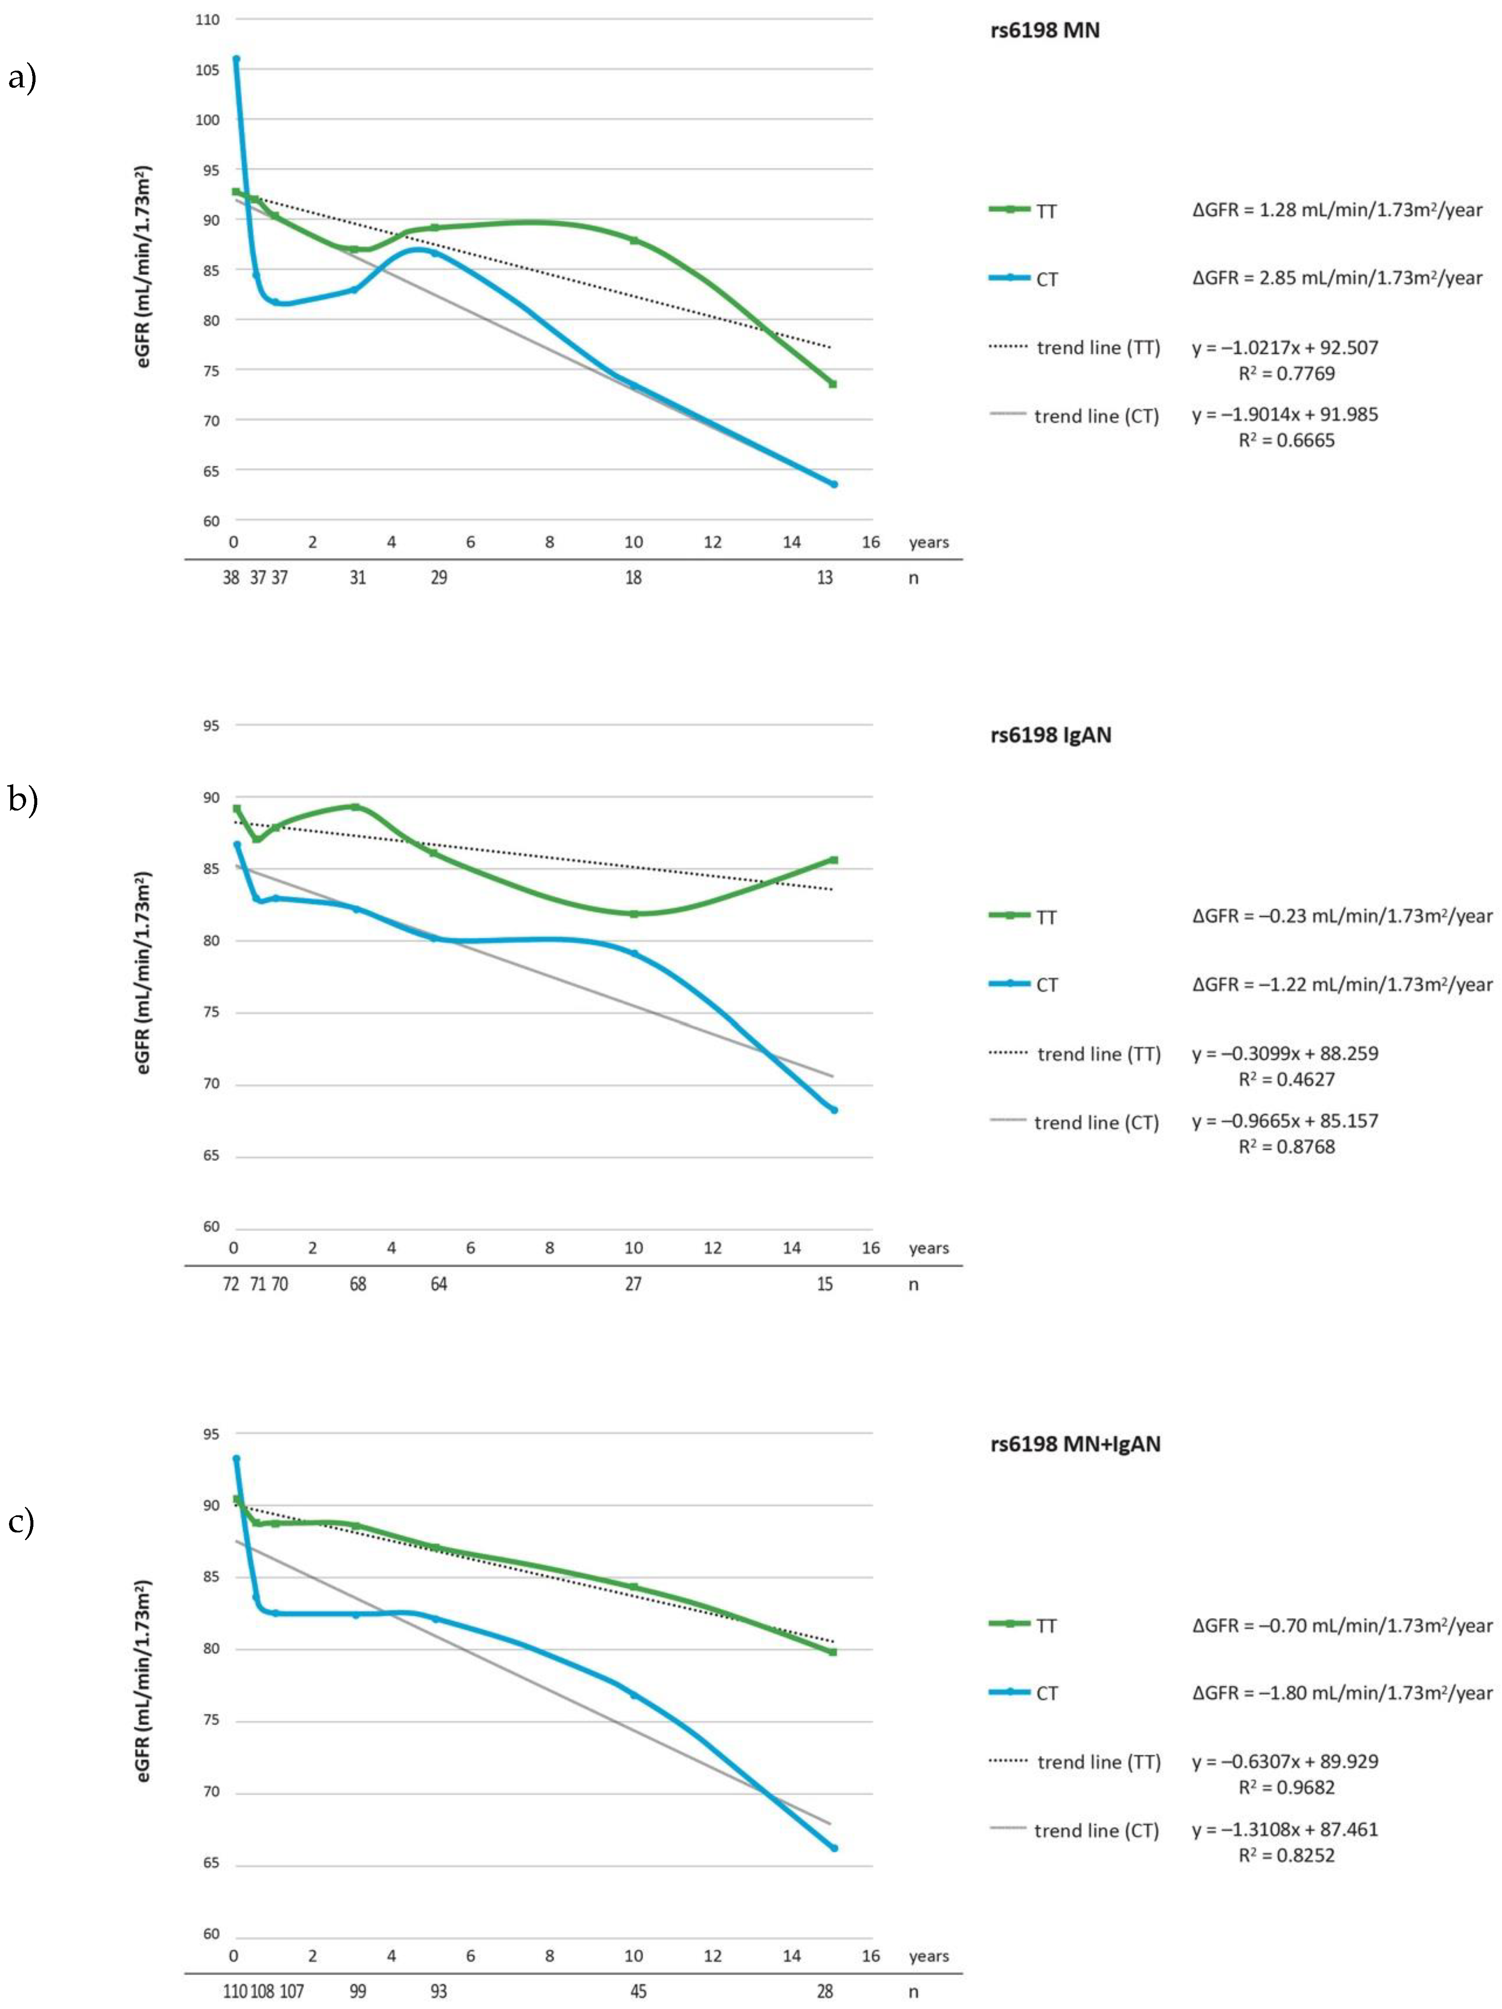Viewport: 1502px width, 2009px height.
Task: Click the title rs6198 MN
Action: coord(1045,30)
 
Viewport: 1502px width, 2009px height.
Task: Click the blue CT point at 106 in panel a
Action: coord(236,59)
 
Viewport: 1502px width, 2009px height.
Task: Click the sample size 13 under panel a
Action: coord(825,578)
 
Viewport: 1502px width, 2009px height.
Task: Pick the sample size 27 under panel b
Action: coord(633,1283)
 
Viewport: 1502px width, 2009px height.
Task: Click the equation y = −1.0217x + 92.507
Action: coord(1285,347)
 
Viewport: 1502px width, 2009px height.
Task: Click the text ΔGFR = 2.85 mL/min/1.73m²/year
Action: coord(1338,278)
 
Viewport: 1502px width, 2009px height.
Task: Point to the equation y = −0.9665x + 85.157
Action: coord(1285,1121)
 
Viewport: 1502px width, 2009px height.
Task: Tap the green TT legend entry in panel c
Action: coord(1023,1626)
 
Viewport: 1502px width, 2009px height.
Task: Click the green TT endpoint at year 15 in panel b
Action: coord(833,859)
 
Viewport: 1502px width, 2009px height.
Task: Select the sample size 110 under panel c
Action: coord(234,1992)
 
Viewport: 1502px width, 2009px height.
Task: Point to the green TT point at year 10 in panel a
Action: coord(633,241)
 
